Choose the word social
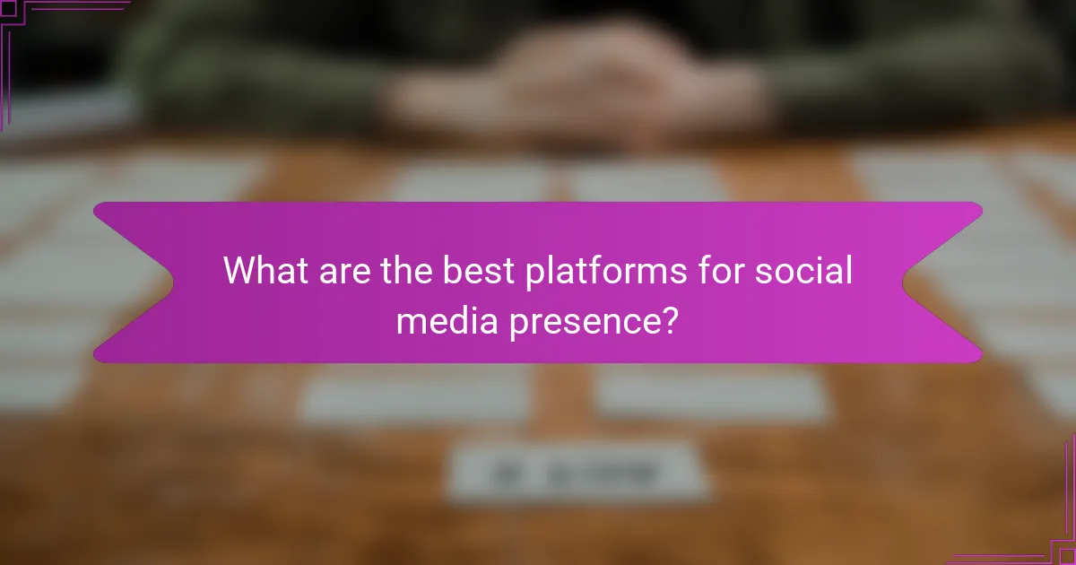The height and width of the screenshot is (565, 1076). pos(803,270)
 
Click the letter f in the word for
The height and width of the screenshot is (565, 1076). pos(701,269)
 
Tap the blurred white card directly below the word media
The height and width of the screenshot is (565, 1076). pos(417,395)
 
